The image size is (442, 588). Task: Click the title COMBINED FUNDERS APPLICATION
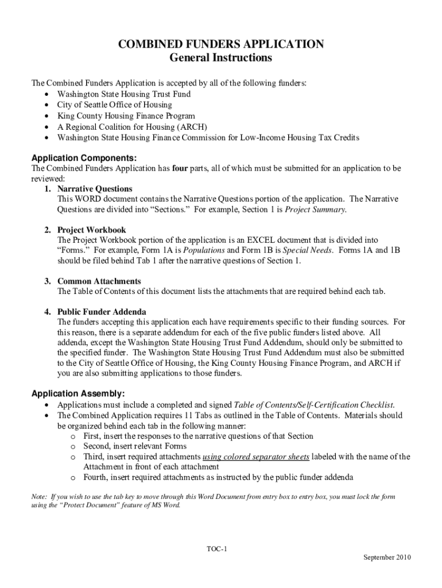pyautogui.click(x=221, y=45)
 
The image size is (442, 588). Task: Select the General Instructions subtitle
pyautogui.click(x=221, y=58)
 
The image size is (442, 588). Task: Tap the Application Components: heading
pyautogui.click(x=84, y=157)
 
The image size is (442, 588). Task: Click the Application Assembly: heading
pyautogui.click(x=77, y=393)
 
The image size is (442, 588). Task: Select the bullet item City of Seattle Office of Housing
pyautogui.click(x=114, y=105)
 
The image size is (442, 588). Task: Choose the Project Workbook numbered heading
pyautogui.click(x=91, y=230)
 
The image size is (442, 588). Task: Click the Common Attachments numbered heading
pyautogui.click(x=99, y=281)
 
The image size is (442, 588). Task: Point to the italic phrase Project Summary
pyautogui.click(x=315, y=210)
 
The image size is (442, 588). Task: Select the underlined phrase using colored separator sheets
pyautogui.click(x=256, y=457)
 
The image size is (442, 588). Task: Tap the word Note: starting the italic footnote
pyautogui.click(x=40, y=496)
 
